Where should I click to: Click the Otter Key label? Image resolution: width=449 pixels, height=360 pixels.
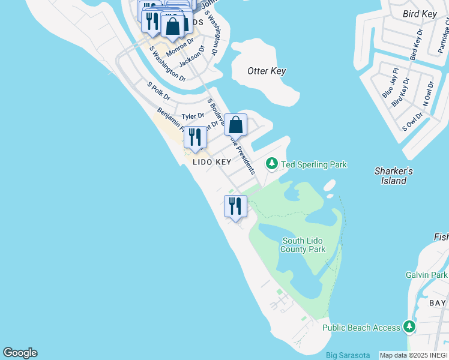[267, 71]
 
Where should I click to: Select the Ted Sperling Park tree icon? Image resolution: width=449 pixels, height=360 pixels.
[271, 164]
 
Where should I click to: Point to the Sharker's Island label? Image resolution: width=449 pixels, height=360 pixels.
[394, 175]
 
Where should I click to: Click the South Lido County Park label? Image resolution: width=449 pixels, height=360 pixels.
[304, 245]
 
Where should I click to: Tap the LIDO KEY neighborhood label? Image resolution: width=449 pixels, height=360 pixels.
[212, 162]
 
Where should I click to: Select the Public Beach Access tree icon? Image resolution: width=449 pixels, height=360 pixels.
[409, 327]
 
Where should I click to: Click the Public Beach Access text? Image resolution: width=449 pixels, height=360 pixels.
[361, 328]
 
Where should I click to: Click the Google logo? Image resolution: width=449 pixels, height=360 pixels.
[20, 353]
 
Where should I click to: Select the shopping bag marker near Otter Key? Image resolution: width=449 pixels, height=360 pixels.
[236, 125]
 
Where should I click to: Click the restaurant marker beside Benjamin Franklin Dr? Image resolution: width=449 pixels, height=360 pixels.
[195, 137]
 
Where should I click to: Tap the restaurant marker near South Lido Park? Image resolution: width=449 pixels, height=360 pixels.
[235, 206]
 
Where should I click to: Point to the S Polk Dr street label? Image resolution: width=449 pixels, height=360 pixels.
[159, 92]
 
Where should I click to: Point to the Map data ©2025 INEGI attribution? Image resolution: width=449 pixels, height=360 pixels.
[414, 355]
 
